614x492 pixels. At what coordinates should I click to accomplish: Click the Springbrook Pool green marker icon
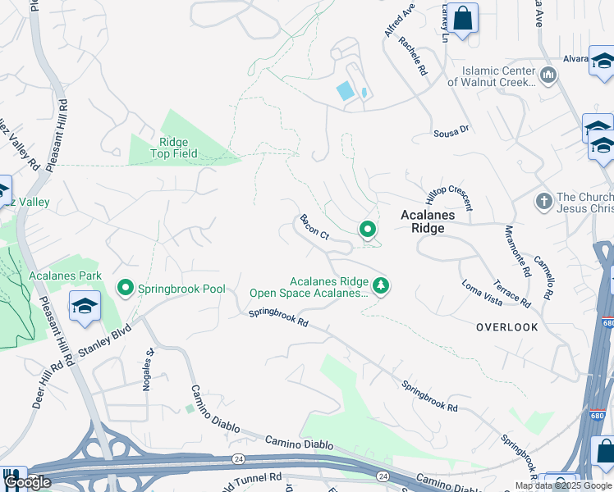pyautogui.click(x=126, y=288)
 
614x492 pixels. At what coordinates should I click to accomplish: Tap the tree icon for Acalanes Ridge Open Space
pyautogui.click(x=380, y=285)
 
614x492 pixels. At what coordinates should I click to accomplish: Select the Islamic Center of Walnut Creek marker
pyautogui.click(x=548, y=75)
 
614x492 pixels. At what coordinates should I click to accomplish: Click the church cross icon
pyautogui.click(x=543, y=201)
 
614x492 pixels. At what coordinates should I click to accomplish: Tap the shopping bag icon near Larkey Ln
pyautogui.click(x=463, y=18)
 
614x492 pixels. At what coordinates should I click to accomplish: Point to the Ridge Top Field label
pyautogui.click(x=173, y=148)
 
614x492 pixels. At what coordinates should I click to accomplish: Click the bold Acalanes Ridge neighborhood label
pyautogui.click(x=434, y=221)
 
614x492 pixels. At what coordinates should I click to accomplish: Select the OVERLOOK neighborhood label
pyautogui.click(x=507, y=327)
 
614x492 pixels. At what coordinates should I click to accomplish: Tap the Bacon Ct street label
pyautogui.click(x=314, y=227)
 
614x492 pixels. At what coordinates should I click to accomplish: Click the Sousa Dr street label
pyautogui.click(x=451, y=130)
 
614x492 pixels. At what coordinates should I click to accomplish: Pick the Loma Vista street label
pyautogui.click(x=482, y=282)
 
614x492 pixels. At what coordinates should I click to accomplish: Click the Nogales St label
pyautogui.click(x=149, y=371)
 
